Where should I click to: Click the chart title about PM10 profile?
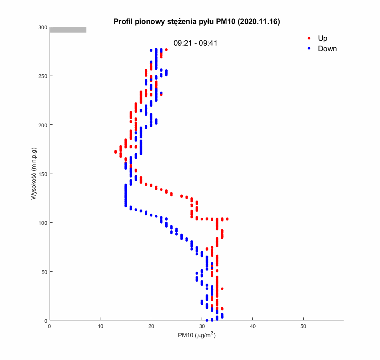click(x=196, y=22)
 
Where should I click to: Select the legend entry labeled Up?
click(x=322, y=38)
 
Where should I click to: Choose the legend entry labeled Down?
click(x=327, y=49)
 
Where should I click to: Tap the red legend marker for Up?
click(x=309, y=38)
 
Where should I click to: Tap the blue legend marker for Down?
click(x=309, y=49)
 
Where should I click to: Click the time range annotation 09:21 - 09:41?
click(x=195, y=43)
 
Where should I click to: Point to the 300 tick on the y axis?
click(x=43, y=27)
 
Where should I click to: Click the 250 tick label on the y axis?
click(x=43, y=76)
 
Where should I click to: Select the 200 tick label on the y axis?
click(x=43, y=125)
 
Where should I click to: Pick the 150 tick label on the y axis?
click(x=43, y=174)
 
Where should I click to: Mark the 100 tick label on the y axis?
click(x=43, y=223)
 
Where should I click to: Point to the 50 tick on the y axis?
click(x=44, y=272)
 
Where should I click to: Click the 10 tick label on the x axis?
click(x=100, y=326)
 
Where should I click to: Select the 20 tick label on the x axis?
click(x=151, y=326)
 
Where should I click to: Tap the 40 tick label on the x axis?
click(x=253, y=326)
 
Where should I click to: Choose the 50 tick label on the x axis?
click(x=303, y=326)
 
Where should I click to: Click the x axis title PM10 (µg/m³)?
click(x=197, y=336)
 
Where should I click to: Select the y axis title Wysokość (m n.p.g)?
click(x=34, y=174)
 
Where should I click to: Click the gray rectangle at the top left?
click(x=68, y=30)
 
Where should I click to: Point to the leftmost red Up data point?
click(x=116, y=152)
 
